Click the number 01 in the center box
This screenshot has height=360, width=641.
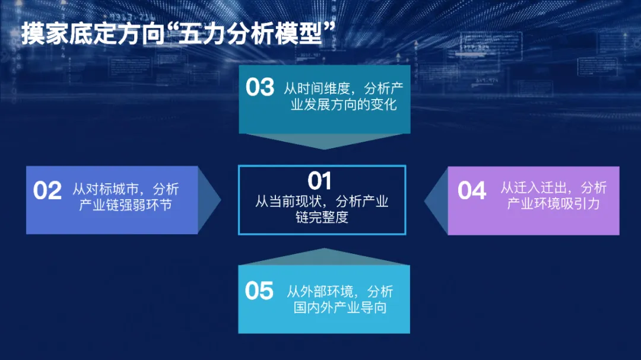click(x=319, y=181)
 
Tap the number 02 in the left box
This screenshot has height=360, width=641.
click(x=47, y=190)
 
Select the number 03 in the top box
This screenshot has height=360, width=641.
click(x=260, y=87)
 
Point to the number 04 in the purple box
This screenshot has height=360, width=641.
click(x=472, y=190)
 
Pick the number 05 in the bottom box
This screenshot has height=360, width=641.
click(x=259, y=291)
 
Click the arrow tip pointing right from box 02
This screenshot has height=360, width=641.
click(x=221, y=200)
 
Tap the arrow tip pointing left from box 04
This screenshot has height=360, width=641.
click(x=425, y=200)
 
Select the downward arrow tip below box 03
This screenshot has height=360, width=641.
click(x=324, y=149)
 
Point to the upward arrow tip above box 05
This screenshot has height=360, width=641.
click(x=324, y=249)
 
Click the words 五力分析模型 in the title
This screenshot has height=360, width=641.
click(x=250, y=33)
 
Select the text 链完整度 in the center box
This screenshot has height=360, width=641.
click(x=322, y=217)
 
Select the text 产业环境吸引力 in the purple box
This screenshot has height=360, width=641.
click(x=553, y=203)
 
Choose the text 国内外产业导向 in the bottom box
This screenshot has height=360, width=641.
click(x=339, y=307)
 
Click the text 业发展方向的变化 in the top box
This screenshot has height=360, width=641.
click(x=344, y=104)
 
